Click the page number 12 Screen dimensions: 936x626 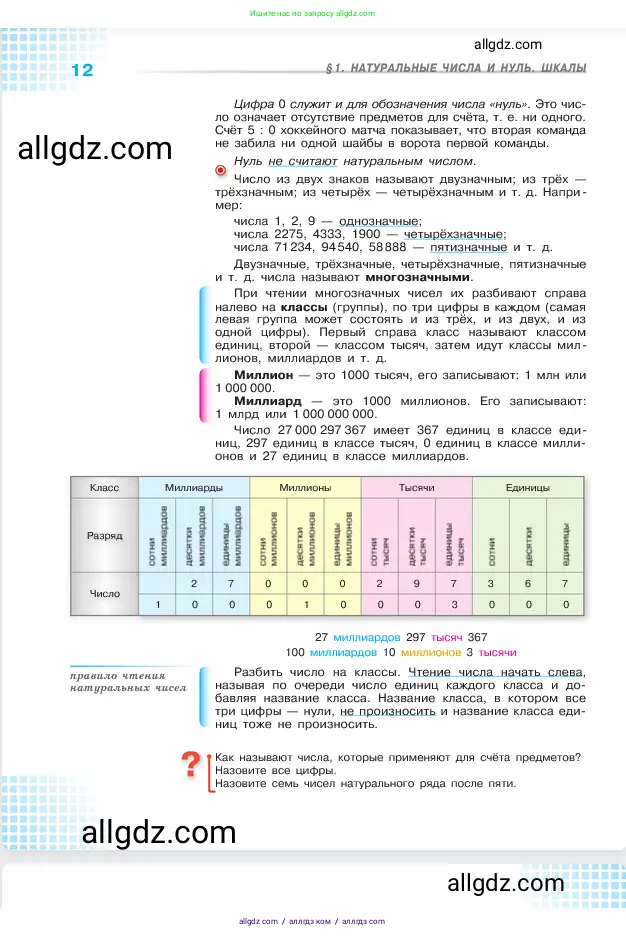click(x=82, y=70)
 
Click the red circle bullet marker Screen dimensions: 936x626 click(x=221, y=171)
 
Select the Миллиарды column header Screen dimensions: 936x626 click(x=193, y=487)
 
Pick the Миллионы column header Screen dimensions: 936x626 click(x=304, y=487)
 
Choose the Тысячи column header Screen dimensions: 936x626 click(x=416, y=487)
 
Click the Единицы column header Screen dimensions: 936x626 click(x=528, y=487)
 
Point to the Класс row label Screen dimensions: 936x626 click(x=104, y=487)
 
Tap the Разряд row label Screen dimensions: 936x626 click(x=104, y=536)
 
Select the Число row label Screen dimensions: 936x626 click(x=104, y=593)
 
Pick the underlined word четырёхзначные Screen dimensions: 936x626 click(x=459, y=234)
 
